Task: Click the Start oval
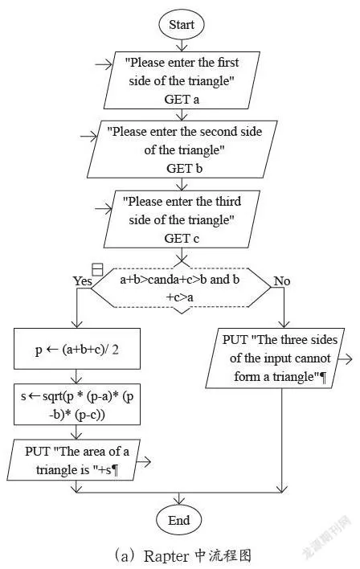pos(182,25)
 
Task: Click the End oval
pos(178,520)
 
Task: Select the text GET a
pos(182,99)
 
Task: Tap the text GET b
pos(184,169)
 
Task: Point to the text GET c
pos(182,239)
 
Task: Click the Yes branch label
pos(82,280)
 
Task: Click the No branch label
pos(282,280)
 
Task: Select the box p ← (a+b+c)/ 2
pos(77,349)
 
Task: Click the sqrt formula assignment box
pos(77,404)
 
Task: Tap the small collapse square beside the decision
pos(97,269)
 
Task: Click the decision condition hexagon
pos(181,288)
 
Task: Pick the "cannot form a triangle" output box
pos(275,358)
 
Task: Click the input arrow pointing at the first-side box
pos(104,65)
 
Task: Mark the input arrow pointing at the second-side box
pos(89,137)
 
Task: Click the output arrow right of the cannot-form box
pos(345,359)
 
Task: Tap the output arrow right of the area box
pos(143,462)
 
